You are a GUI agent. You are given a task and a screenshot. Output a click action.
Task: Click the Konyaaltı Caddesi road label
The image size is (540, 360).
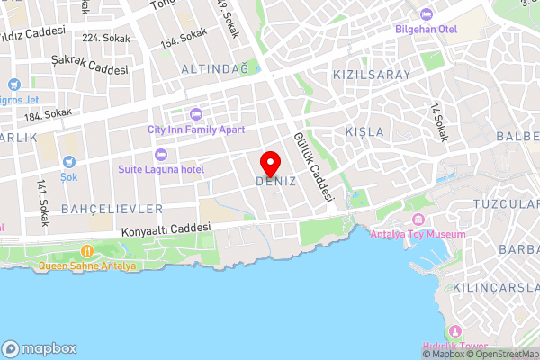(x=166, y=230)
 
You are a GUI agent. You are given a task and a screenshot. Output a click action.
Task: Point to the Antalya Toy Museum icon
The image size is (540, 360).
(x=418, y=220)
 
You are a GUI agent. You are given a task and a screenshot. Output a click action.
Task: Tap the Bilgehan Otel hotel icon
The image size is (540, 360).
(x=427, y=14)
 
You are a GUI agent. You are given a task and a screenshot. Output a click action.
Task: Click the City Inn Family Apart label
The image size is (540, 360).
(x=195, y=129)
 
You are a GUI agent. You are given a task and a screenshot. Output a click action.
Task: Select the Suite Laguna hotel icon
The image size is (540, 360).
(x=162, y=155)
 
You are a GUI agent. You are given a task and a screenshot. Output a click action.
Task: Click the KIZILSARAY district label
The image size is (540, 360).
(x=372, y=75)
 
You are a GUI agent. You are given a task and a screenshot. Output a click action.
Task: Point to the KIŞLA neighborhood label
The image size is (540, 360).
(x=364, y=131)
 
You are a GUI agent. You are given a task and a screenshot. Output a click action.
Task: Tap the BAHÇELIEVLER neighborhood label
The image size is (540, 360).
(x=112, y=209)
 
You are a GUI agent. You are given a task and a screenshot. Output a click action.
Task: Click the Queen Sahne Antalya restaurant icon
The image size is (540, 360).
(x=87, y=251)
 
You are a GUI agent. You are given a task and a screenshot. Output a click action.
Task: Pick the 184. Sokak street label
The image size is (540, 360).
(x=48, y=113)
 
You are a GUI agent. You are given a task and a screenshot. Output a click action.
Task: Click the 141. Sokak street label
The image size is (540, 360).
(x=40, y=202)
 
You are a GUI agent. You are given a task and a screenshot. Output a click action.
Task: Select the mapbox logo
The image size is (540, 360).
(x=40, y=348)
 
